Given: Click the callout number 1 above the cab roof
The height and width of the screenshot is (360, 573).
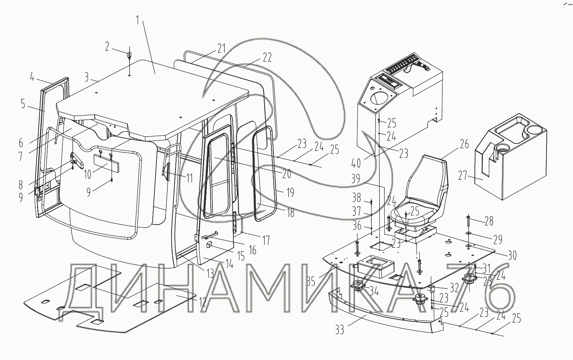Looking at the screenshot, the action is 138,21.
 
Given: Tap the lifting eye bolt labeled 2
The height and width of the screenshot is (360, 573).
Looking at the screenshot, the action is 129,55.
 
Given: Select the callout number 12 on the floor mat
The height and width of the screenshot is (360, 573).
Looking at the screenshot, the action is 202,302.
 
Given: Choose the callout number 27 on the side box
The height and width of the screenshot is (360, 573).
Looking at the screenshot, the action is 463,176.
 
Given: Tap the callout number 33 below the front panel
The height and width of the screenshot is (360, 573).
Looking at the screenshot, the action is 340,330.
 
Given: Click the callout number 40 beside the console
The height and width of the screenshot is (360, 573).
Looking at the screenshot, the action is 356,163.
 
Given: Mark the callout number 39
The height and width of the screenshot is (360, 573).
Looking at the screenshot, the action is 356,179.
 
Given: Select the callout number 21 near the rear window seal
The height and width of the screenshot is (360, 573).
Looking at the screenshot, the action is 221,49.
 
